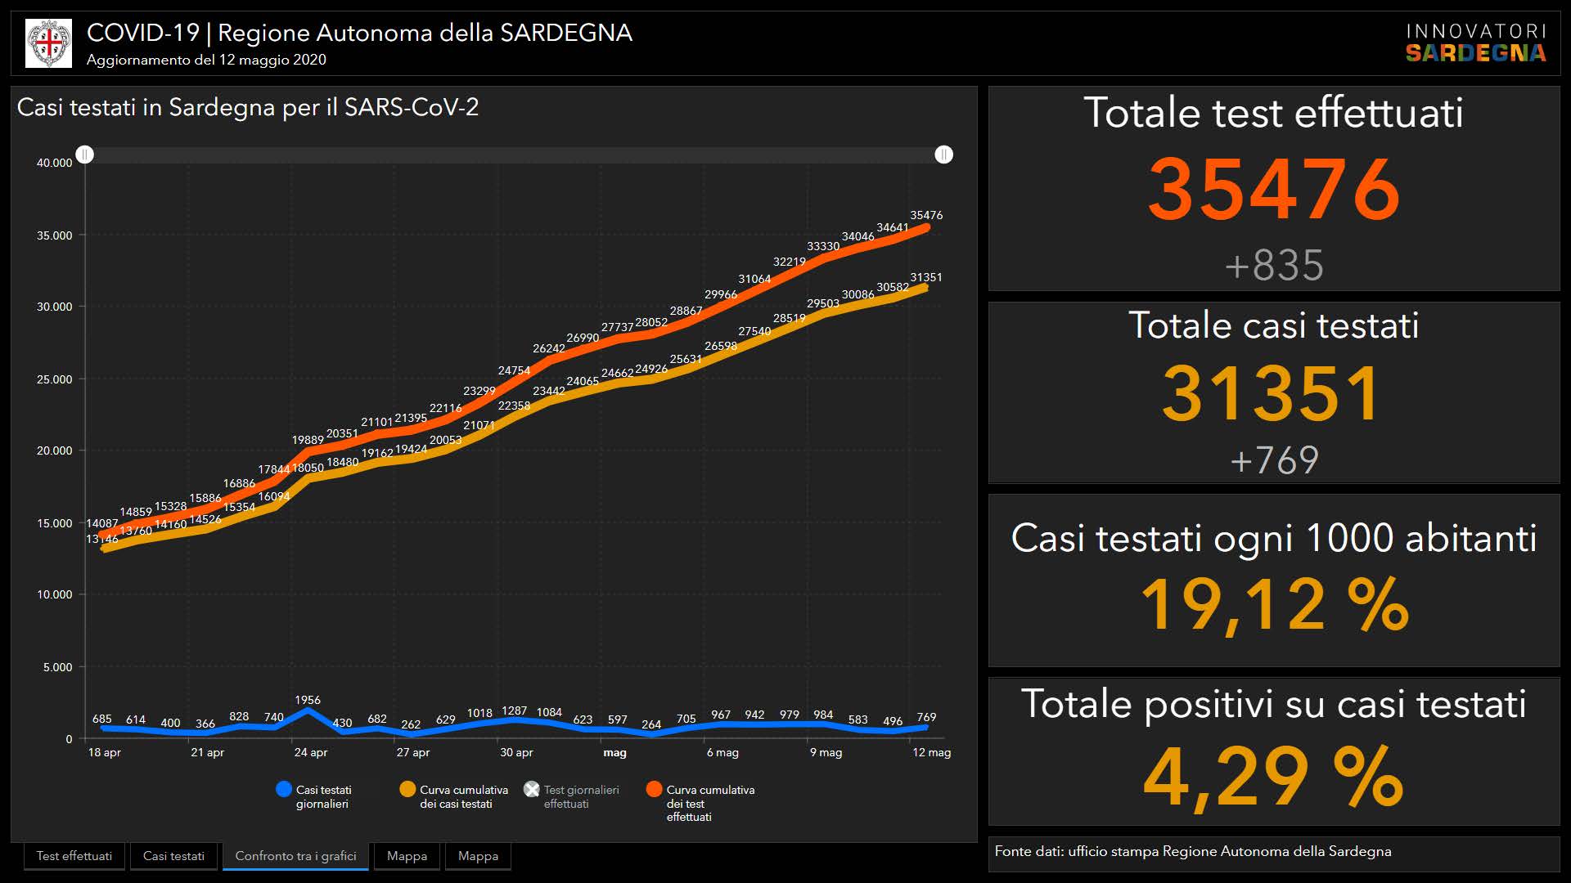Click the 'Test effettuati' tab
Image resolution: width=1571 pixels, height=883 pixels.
(74, 856)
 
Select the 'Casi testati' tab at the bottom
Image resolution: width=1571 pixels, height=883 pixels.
(173, 856)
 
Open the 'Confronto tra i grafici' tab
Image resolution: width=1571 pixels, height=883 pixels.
(295, 856)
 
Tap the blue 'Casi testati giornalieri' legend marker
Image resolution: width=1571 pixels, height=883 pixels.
(284, 790)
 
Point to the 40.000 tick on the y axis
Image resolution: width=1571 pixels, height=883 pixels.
(54, 163)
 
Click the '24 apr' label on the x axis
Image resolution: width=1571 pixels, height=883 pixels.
(311, 752)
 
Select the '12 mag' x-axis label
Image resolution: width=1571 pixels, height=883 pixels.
(931, 752)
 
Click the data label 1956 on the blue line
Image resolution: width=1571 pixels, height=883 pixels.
(308, 700)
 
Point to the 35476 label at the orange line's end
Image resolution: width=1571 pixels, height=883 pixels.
(926, 215)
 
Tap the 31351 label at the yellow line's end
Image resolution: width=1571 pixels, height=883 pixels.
(926, 277)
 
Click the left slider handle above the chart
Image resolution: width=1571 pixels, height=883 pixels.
(85, 155)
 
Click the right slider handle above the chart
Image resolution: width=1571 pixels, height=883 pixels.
(943, 155)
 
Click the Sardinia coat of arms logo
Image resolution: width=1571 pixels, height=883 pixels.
(49, 43)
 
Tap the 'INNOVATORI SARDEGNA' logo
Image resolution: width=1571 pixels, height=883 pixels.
(1476, 43)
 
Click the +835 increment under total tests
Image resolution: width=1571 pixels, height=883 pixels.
(1274, 265)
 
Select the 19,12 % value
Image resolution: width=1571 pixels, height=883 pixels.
(1274, 605)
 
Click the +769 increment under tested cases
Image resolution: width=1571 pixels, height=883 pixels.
(1274, 459)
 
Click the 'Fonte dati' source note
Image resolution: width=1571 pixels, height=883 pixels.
(1192, 851)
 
